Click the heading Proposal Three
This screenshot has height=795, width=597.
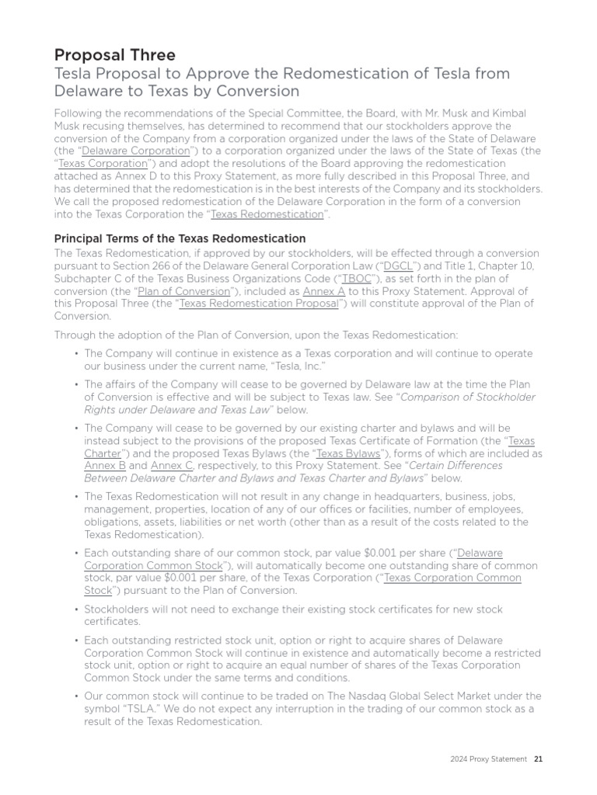click(x=114, y=54)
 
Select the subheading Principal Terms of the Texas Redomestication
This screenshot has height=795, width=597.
click(x=180, y=238)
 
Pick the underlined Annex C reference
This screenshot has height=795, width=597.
click(x=172, y=466)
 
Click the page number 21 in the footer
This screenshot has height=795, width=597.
click(x=537, y=759)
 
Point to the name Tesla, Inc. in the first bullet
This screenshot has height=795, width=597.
click(x=298, y=366)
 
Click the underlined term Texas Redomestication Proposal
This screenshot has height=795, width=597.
click(x=259, y=304)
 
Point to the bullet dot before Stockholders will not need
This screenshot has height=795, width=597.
click(x=76, y=609)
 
